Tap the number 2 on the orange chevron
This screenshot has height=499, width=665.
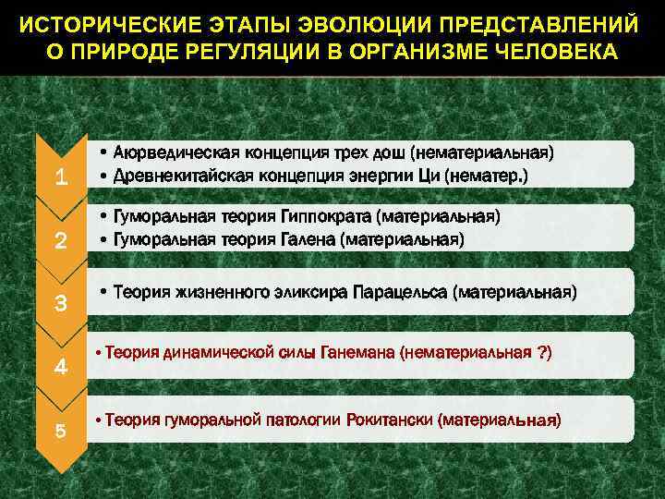pos(60,242)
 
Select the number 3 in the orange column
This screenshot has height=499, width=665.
pos(60,304)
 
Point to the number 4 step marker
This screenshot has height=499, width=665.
pos(60,367)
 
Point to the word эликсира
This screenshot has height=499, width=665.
pos(310,293)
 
